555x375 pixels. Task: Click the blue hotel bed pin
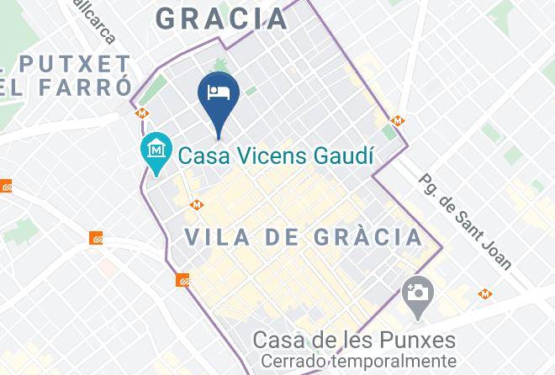tap(219, 94)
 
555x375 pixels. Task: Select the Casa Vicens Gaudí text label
tap(277, 156)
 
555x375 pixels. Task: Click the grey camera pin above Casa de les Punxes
tap(417, 294)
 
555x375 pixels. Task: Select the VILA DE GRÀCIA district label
tap(304, 237)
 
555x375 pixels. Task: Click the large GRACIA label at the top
tap(222, 18)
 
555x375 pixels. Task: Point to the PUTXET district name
tap(76, 64)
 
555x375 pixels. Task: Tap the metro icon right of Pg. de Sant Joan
tap(485, 293)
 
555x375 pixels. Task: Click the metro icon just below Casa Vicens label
tap(196, 203)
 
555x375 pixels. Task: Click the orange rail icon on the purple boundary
tap(182, 280)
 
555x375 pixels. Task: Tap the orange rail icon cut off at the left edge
tap(5, 186)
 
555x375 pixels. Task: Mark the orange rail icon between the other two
tap(97, 239)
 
